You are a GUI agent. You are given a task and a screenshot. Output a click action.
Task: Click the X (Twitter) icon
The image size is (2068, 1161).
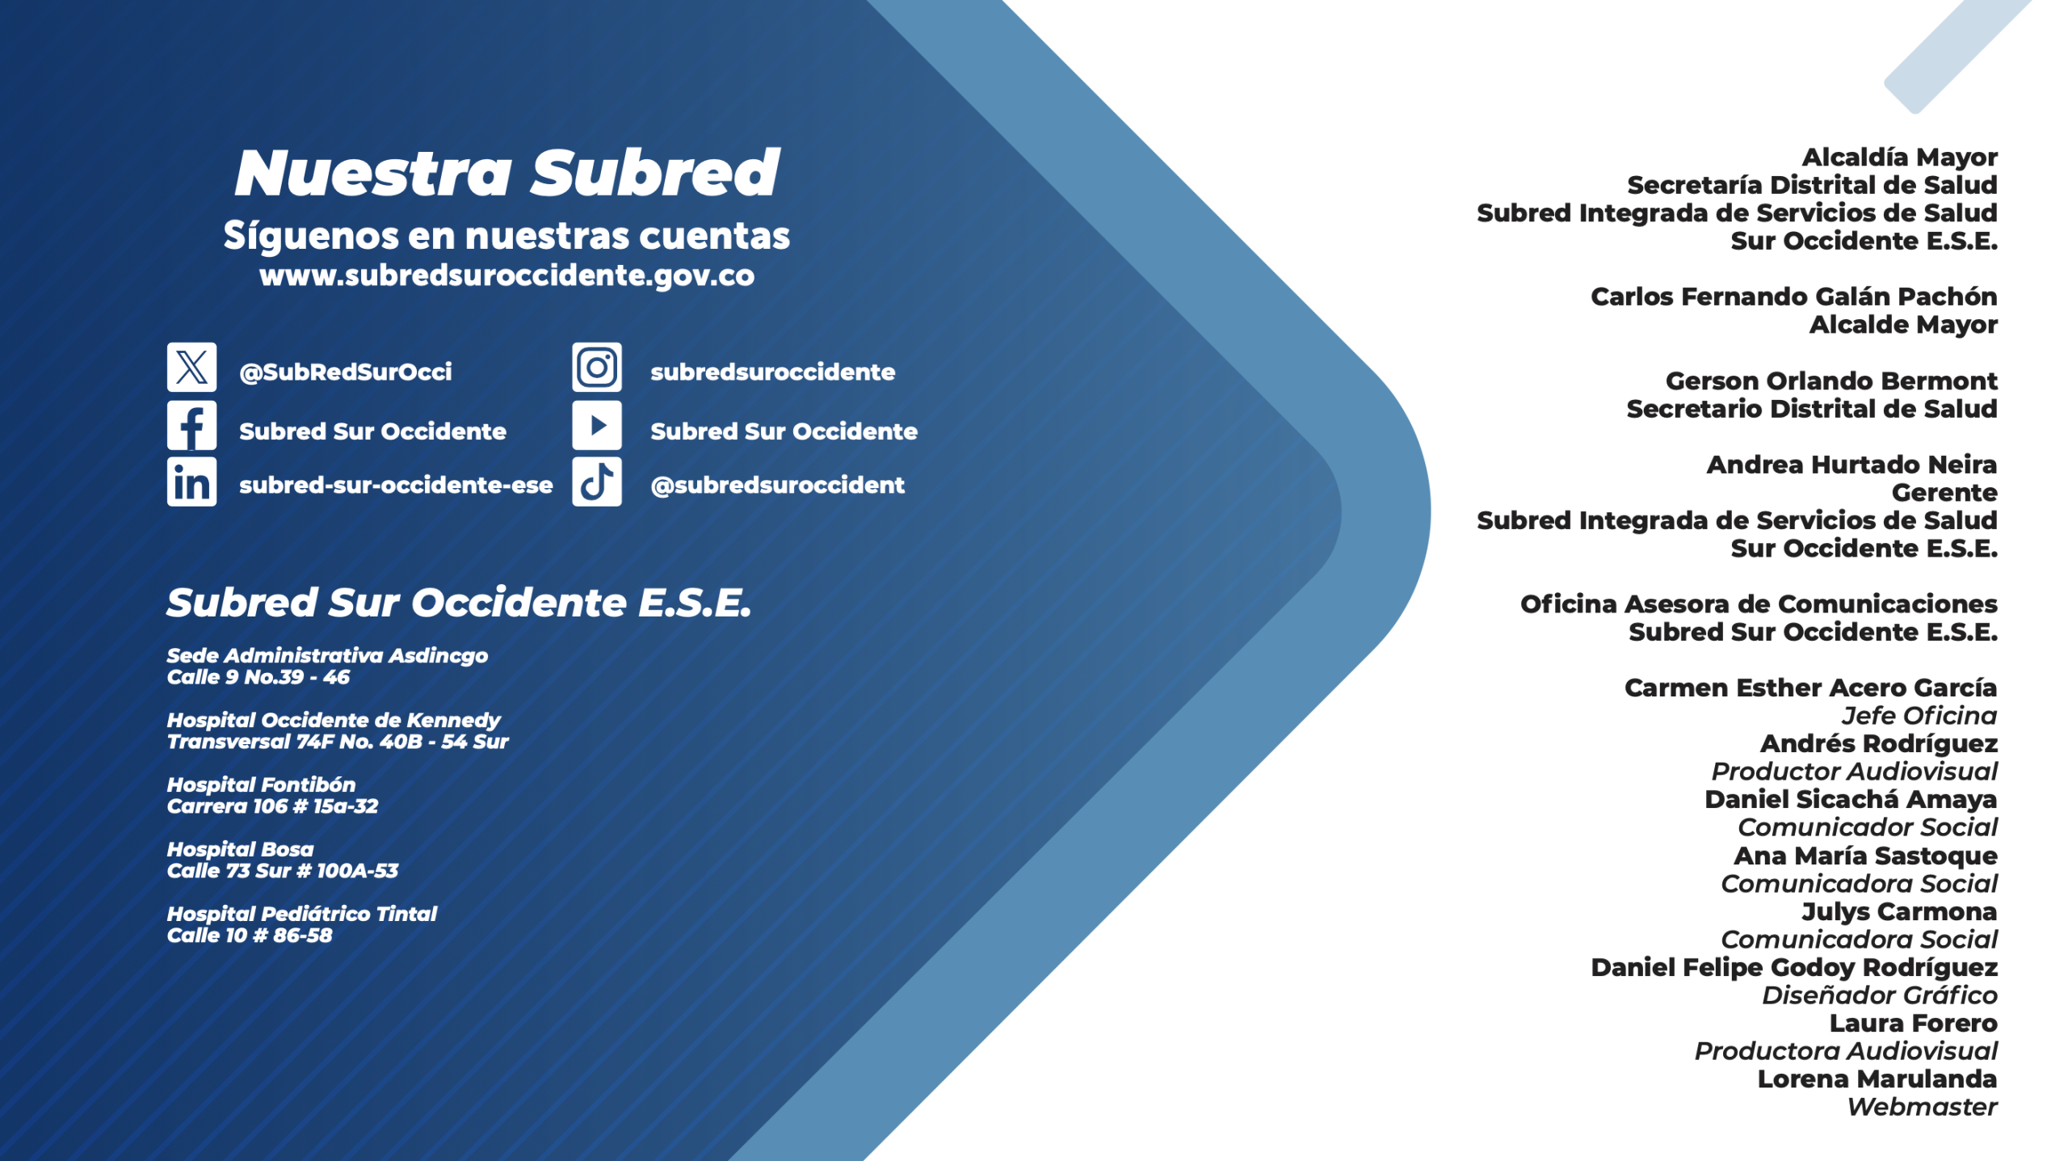pyautogui.click(x=191, y=367)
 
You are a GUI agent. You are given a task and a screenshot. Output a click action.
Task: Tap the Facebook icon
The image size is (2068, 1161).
pyautogui.click(x=191, y=425)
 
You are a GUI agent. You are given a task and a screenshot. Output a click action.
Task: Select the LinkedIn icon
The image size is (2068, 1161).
pyautogui.click(x=191, y=482)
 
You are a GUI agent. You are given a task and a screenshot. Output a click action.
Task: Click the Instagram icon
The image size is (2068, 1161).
pyautogui.click(x=597, y=367)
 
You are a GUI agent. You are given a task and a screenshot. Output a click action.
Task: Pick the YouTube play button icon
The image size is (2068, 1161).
pyautogui.click(x=597, y=425)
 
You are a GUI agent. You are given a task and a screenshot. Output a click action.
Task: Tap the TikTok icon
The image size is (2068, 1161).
pyautogui.click(x=597, y=482)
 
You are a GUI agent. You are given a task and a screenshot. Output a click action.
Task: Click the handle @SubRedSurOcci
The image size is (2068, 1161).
pyautogui.click(x=346, y=372)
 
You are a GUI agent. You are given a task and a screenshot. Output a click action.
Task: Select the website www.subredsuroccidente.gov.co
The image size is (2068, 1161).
pyautogui.click(x=506, y=276)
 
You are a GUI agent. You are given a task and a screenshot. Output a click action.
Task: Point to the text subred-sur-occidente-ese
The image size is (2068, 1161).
pyautogui.click(x=396, y=485)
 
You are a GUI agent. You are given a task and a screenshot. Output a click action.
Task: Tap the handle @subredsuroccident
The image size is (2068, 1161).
pyautogui.click(x=777, y=485)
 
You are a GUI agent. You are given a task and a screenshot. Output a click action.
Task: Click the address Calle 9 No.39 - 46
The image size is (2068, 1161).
pyautogui.click(x=258, y=677)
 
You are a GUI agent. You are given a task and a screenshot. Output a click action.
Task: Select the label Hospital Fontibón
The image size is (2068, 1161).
pyautogui.click(x=261, y=785)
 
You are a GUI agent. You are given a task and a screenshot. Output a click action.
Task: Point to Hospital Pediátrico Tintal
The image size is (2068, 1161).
pyautogui.click(x=301, y=914)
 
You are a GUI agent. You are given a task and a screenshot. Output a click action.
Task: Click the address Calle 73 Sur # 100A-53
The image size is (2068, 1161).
pyautogui.click(x=283, y=871)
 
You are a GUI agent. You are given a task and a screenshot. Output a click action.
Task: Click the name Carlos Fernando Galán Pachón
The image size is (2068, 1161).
pyautogui.click(x=1793, y=297)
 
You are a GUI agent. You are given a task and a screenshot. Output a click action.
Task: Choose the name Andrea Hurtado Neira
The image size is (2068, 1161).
pyautogui.click(x=1852, y=465)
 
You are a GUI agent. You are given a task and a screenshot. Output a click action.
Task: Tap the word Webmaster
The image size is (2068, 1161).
pyautogui.click(x=1922, y=1107)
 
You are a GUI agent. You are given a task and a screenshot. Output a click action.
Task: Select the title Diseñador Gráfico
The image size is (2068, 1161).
pyautogui.click(x=1879, y=995)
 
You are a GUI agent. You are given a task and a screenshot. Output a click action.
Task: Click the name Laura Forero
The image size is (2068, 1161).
pyautogui.click(x=1913, y=1023)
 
